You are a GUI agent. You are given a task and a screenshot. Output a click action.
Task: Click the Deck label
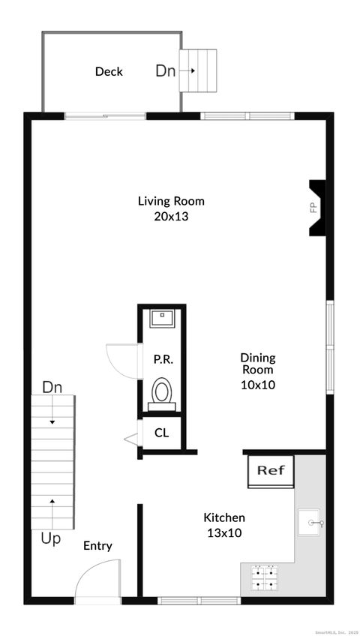pyautogui.click(x=109, y=72)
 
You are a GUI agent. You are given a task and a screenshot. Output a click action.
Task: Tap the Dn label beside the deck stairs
pyautogui.click(x=166, y=71)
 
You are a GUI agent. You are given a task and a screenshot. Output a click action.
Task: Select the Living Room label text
pyautogui.click(x=171, y=201)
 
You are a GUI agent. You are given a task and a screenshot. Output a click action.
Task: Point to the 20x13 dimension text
pyautogui.click(x=171, y=216)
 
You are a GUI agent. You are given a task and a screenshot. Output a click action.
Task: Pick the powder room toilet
pyautogui.click(x=162, y=391)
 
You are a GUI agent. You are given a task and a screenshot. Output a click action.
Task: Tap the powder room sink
pyautogui.click(x=161, y=319)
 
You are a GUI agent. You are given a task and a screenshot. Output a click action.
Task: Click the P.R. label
pyautogui.click(x=163, y=359)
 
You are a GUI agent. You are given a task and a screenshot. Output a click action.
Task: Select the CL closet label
pyautogui.click(x=161, y=433)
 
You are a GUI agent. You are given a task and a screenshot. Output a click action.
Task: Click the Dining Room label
pyautogui.click(x=257, y=364)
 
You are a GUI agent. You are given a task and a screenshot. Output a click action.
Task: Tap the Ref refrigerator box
pyautogui.click(x=271, y=471)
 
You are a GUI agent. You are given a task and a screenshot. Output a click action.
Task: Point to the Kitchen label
pyautogui.click(x=224, y=517)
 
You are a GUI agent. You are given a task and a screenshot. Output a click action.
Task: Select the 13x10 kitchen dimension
pyautogui.click(x=224, y=532)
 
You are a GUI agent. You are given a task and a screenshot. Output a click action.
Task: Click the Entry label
pyautogui.click(x=97, y=546)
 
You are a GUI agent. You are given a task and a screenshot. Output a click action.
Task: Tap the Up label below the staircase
pyautogui.click(x=52, y=538)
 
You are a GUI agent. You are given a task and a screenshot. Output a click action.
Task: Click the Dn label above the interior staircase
pyautogui.click(x=52, y=388)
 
